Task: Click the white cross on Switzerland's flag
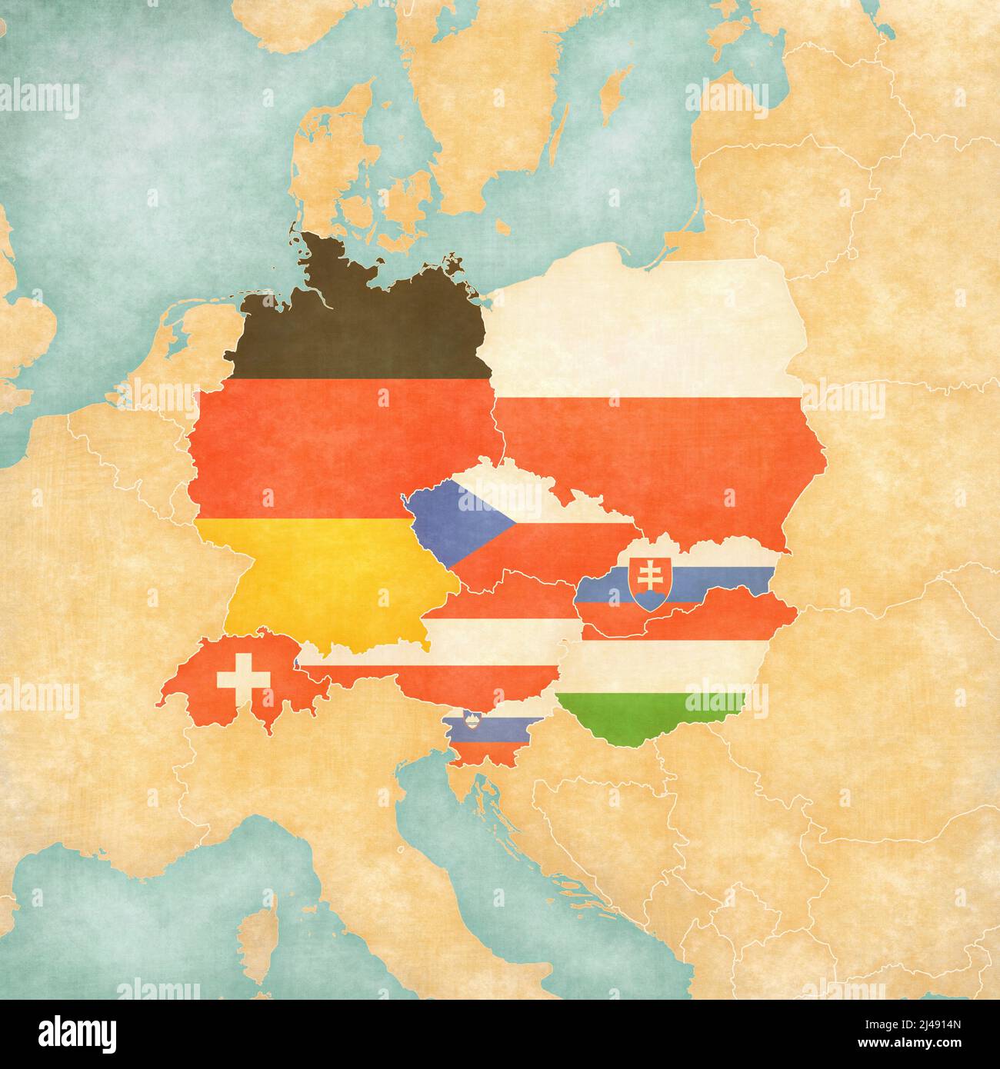(244, 677)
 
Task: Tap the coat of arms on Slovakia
(644, 584)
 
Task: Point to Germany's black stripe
(362, 331)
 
